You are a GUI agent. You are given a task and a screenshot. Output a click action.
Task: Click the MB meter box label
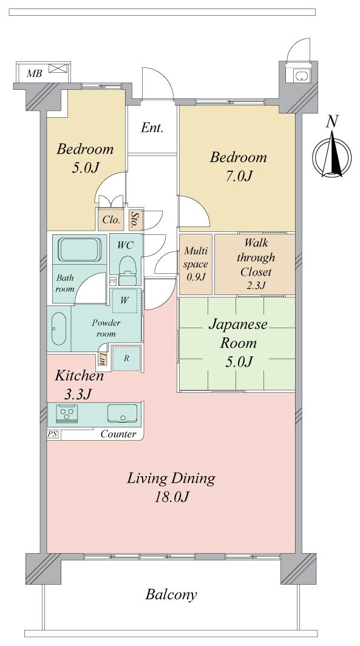click(x=34, y=74)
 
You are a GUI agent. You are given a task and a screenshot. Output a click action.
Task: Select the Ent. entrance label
click(x=152, y=127)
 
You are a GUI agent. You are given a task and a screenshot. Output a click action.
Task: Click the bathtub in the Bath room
click(x=80, y=250)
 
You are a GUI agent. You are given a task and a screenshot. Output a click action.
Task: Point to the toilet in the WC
click(x=127, y=270)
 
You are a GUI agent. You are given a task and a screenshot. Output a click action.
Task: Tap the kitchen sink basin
click(x=123, y=413)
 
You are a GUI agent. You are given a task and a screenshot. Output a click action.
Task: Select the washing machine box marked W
click(x=124, y=301)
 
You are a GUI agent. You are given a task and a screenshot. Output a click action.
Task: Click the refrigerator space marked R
click(x=126, y=358)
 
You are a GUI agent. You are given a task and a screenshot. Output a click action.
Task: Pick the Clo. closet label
click(x=111, y=220)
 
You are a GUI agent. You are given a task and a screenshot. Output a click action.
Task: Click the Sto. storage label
click(x=134, y=220)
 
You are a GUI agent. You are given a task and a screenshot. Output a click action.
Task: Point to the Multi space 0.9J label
click(x=195, y=263)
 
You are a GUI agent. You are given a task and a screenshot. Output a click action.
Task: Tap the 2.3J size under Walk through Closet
click(x=256, y=285)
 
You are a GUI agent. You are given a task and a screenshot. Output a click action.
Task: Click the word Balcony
click(x=171, y=594)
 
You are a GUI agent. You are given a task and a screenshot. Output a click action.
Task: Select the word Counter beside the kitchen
click(x=118, y=434)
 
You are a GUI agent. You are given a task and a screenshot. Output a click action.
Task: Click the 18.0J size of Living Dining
click(x=171, y=497)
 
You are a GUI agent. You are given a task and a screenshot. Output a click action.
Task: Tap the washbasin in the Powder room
click(x=59, y=328)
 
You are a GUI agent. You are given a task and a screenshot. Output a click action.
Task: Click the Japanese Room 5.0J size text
click(x=239, y=362)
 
